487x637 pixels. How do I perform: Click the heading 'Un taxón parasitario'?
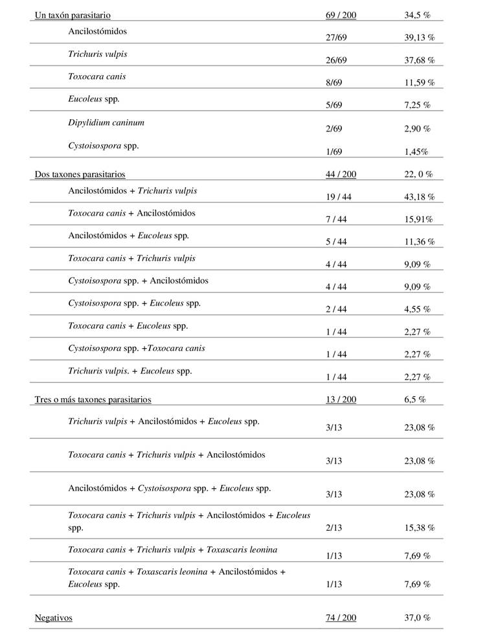click(72, 15)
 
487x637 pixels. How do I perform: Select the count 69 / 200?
click(341, 15)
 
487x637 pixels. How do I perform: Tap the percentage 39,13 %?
click(418, 38)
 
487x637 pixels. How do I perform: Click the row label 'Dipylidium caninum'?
click(106, 122)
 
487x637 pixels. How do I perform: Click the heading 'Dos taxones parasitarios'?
click(80, 174)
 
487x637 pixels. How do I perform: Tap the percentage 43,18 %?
click(418, 196)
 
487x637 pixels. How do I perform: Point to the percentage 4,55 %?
click(416, 309)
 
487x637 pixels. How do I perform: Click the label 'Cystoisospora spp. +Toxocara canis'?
click(137, 348)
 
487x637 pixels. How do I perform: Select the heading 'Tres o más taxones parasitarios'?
click(93, 399)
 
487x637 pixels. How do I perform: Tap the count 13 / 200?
click(341, 399)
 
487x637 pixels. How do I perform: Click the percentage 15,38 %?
click(418, 528)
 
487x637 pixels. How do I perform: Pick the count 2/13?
click(334, 528)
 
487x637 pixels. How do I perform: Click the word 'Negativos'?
click(54, 618)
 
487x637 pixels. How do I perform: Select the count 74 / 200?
click(341, 618)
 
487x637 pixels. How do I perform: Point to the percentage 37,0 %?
click(417, 618)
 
